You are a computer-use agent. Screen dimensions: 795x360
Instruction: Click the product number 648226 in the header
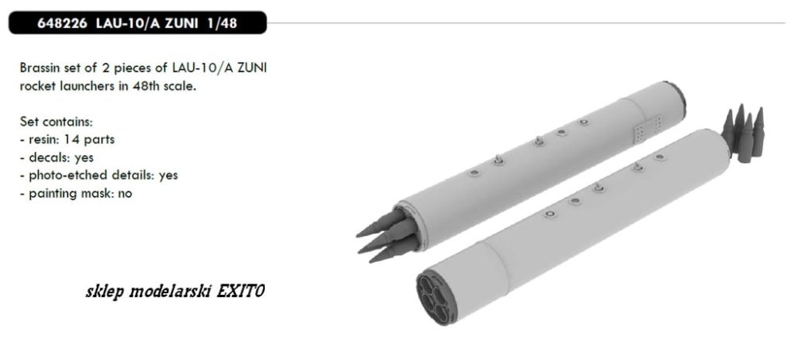click(62, 23)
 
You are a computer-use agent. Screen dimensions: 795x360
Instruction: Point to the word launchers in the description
click(88, 86)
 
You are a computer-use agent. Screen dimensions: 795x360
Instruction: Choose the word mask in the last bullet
click(100, 193)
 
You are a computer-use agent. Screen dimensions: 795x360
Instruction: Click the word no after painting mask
click(126, 194)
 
